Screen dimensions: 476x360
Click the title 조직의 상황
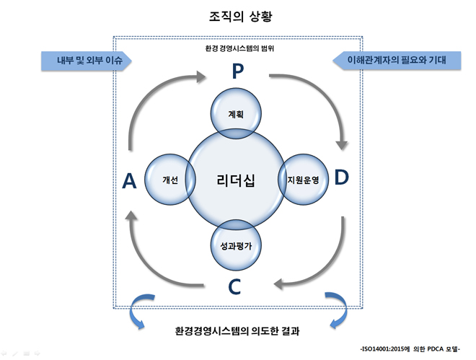coord(240,16)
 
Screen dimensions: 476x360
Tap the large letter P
coord(238,71)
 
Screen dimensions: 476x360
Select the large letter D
coord(342,177)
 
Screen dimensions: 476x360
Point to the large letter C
coord(234,286)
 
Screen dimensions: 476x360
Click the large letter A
coord(129,181)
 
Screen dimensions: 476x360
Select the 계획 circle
coord(236,113)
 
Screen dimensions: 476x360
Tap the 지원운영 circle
coord(303,180)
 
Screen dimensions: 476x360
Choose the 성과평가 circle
coord(236,245)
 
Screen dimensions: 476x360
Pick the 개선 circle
coord(170,180)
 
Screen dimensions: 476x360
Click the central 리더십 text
coord(236,180)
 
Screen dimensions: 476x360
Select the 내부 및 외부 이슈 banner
coord(87,61)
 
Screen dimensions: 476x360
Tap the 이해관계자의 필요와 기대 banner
coord(397,60)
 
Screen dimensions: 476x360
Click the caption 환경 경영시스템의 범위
coord(239,48)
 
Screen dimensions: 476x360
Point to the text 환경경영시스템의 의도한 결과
coord(237,330)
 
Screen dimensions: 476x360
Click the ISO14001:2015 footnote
coord(410,349)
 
